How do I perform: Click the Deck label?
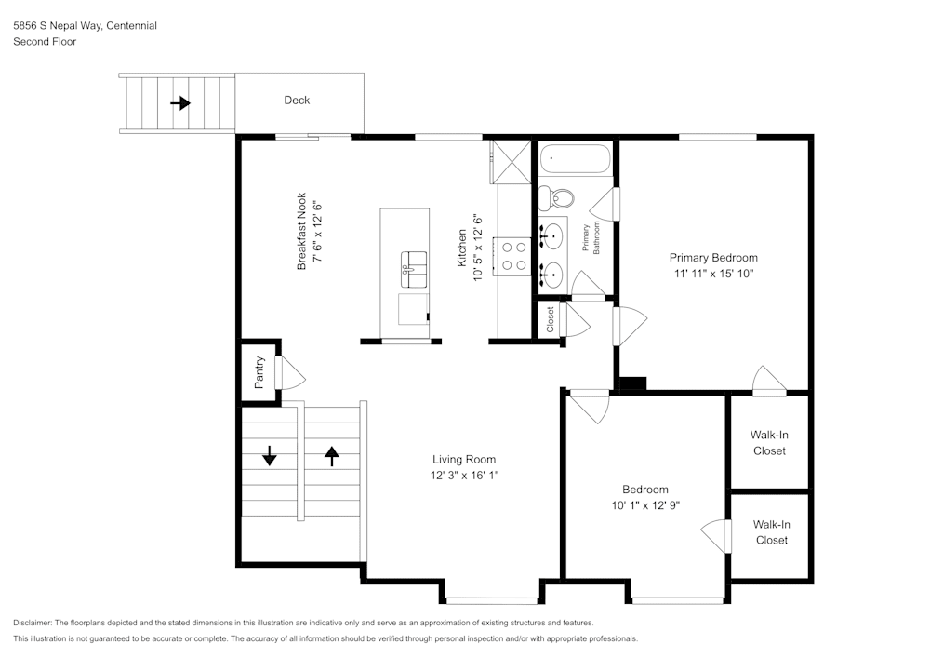tap(297, 101)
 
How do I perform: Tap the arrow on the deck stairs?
tap(180, 103)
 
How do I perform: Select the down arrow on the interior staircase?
tap(270, 455)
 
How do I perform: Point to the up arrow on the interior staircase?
tap(331, 455)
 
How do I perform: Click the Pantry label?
tap(259, 372)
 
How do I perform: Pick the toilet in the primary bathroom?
tap(555, 197)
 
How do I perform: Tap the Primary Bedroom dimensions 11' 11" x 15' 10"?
tap(713, 275)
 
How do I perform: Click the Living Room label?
tap(463, 459)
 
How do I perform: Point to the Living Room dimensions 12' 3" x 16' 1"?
tap(463, 476)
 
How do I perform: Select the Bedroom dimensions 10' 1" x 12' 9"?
tap(644, 506)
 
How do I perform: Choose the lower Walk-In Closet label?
tap(771, 532)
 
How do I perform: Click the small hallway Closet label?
tap(551, 320)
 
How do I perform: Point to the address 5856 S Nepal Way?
tap(57, 26)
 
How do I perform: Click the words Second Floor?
tap(45, 42)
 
